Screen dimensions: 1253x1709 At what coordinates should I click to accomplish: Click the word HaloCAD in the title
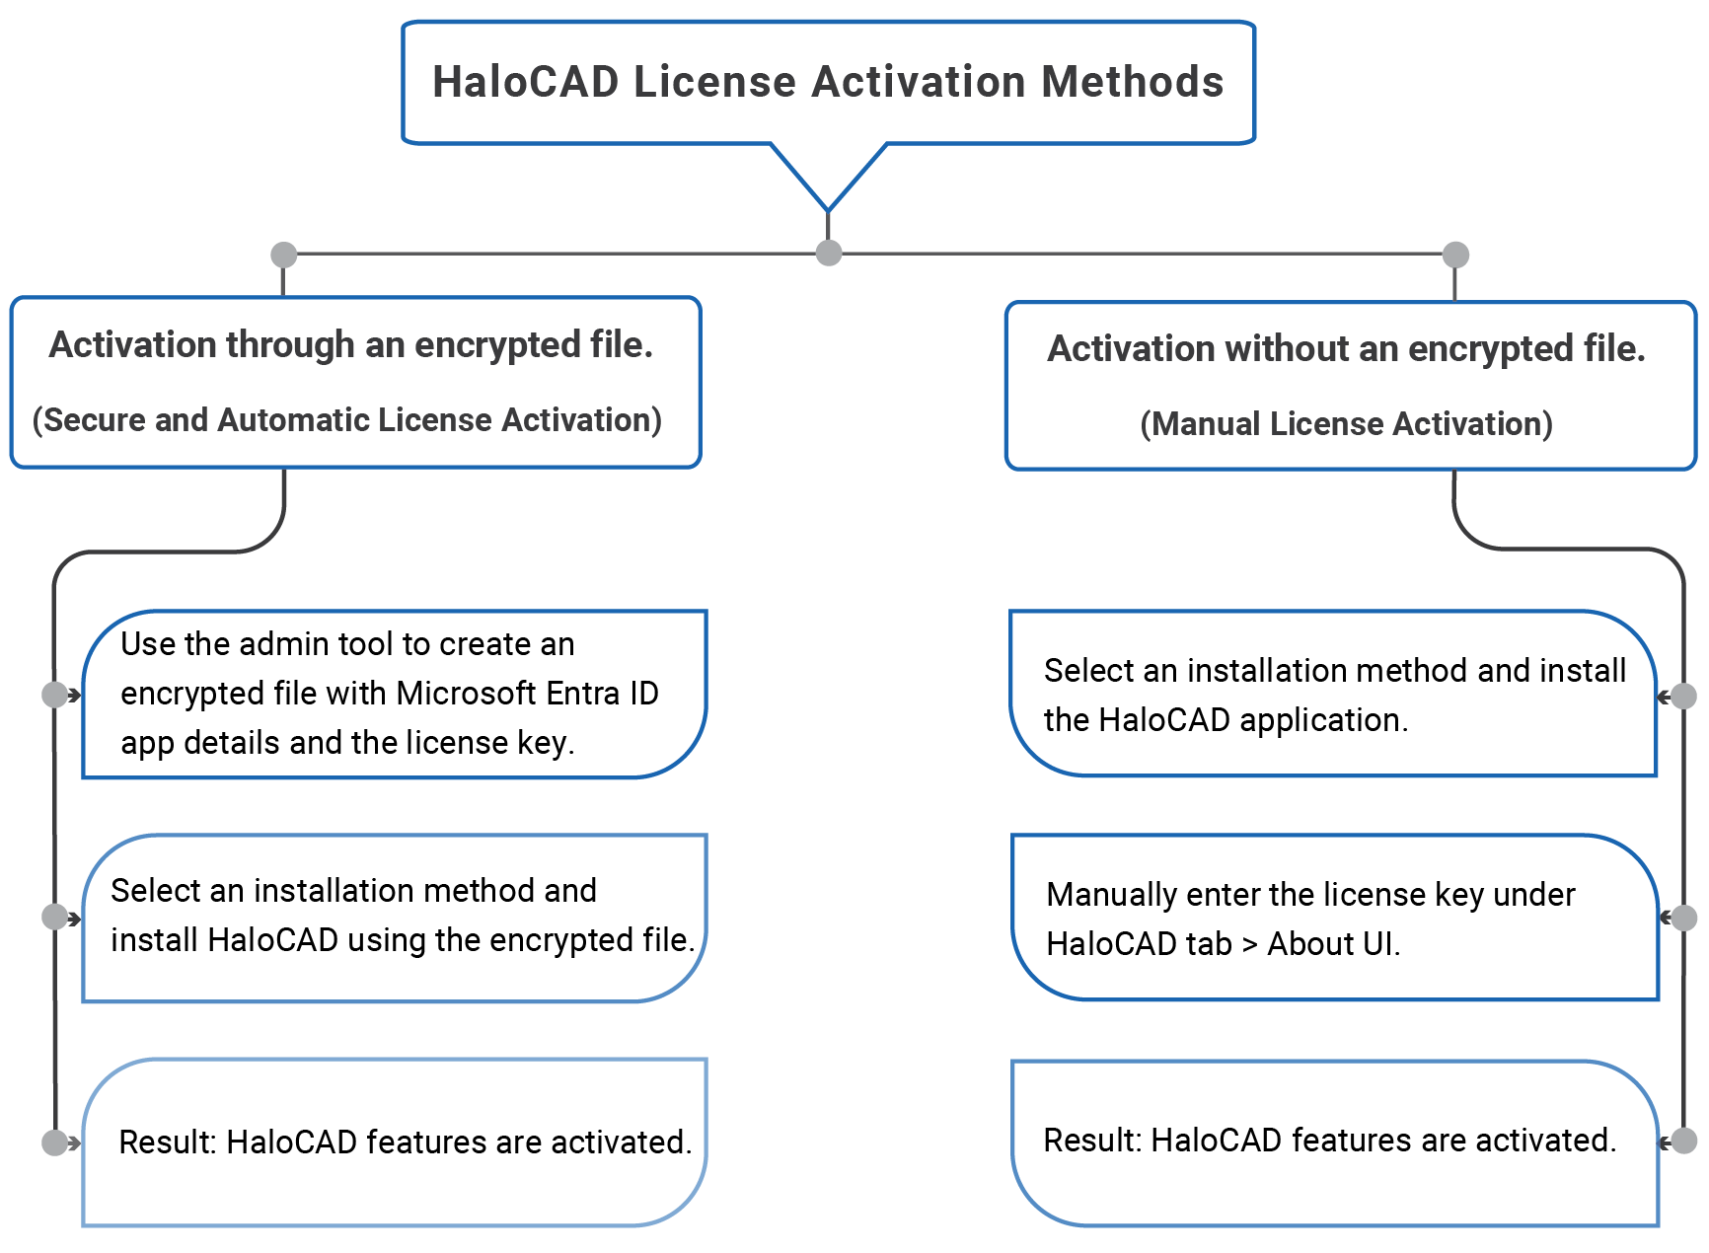pos(525,82)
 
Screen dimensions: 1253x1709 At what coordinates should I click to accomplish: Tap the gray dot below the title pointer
pos(829,253)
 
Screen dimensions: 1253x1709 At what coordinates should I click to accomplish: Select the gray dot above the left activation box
pos(284,255)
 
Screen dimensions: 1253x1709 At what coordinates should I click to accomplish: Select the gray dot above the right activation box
pos(1455,255)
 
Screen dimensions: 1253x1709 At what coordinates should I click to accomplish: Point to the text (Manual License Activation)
pos(1346,424)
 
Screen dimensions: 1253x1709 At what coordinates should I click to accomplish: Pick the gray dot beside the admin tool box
pos(55,695)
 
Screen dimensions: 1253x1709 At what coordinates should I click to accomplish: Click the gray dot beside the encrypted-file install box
pos(55,917)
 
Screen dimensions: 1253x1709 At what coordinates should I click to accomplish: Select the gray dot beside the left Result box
pos(55,1142)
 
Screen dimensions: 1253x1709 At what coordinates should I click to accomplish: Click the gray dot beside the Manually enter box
pos(1684,918)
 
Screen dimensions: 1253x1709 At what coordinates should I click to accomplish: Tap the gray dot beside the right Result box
pos(1684,1141)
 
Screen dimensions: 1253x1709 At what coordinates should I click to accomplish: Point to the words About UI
pos(1332,944)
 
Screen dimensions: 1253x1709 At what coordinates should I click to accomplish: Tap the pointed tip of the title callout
pos(829,208)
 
